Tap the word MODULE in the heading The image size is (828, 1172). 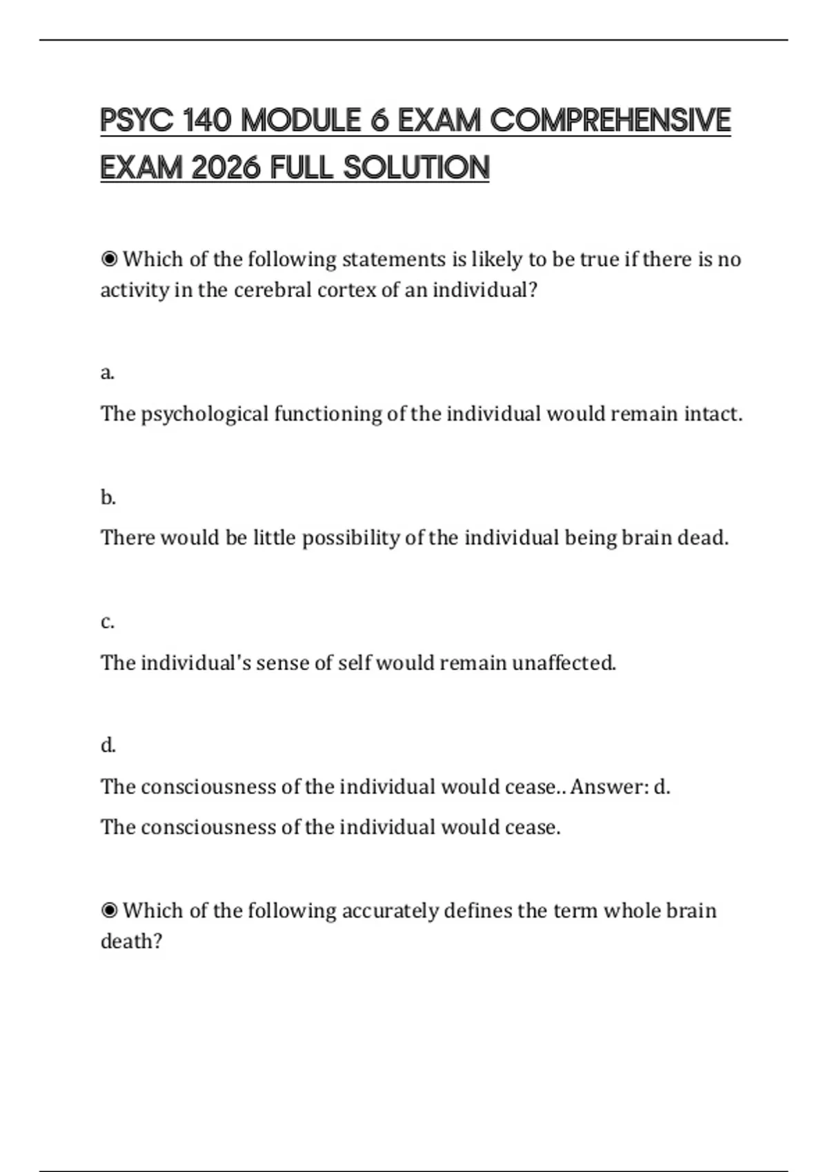pos(301,120)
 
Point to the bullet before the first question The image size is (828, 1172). pos(109,259)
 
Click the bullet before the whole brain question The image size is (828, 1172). pos(109,911)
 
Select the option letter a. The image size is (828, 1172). pos(107,373)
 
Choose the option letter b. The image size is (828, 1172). pos(108,497)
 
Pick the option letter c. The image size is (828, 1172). pos(107,622)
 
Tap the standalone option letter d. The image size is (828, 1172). pos(108,745)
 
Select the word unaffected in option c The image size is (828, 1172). pos(564,663)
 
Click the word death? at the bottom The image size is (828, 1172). pos(131,941)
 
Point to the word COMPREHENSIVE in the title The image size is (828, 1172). pos(610,120)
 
